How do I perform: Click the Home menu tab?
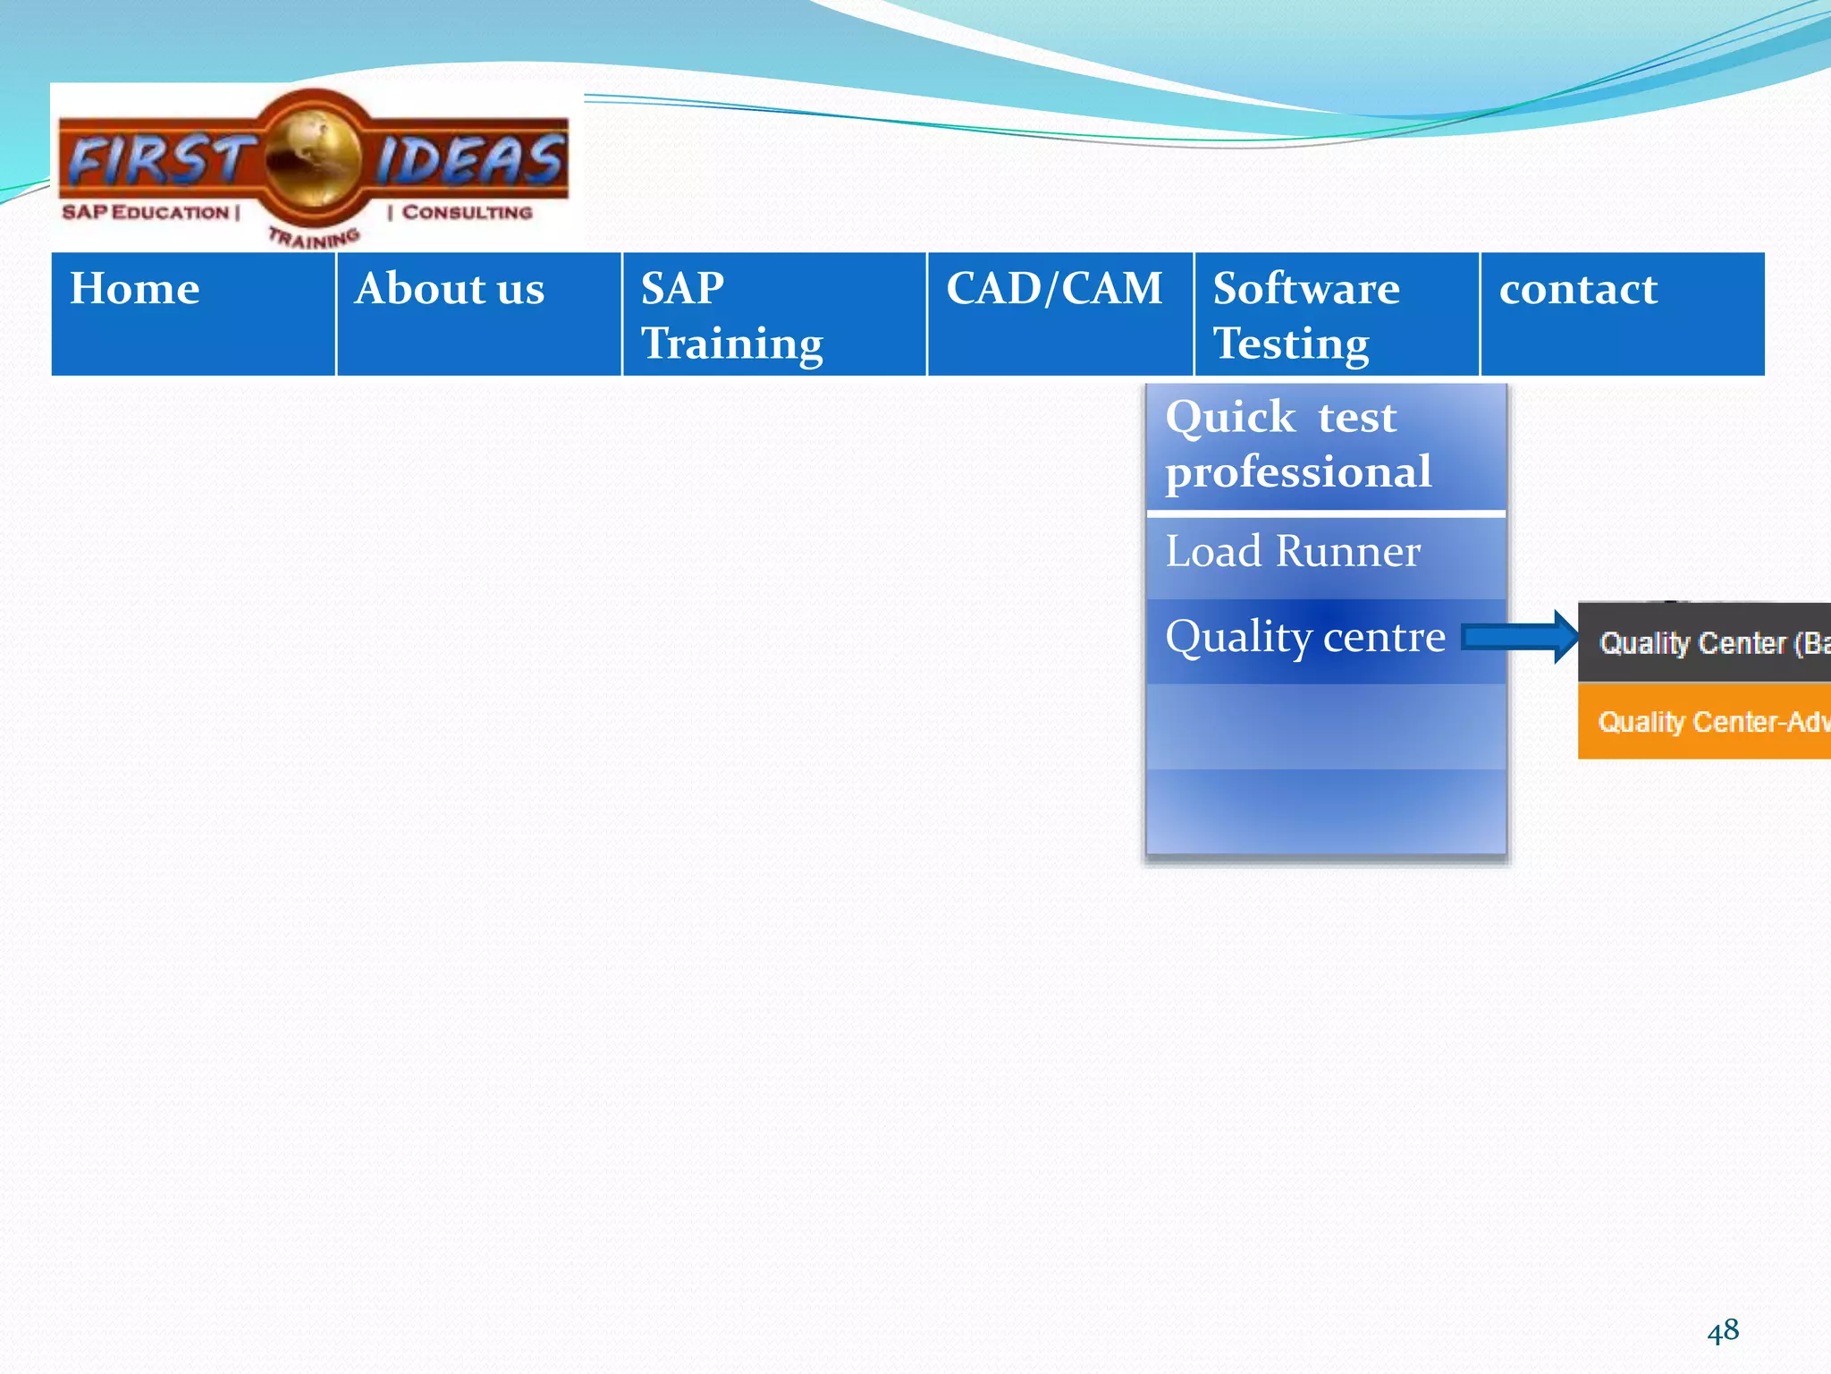193,313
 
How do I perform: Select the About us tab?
478,313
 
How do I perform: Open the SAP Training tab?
773,313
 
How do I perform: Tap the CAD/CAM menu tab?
1059,313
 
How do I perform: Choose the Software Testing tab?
1336,313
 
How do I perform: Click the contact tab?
1622,313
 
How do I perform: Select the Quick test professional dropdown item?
1326,445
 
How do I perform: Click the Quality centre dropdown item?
1305,637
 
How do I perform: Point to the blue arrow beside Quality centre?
1520,637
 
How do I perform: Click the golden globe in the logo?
314,158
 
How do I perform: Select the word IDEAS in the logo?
469,159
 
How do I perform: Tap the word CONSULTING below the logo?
466,212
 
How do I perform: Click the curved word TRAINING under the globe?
314,238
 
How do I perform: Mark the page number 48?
1722,1330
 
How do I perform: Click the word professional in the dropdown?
1298,471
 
